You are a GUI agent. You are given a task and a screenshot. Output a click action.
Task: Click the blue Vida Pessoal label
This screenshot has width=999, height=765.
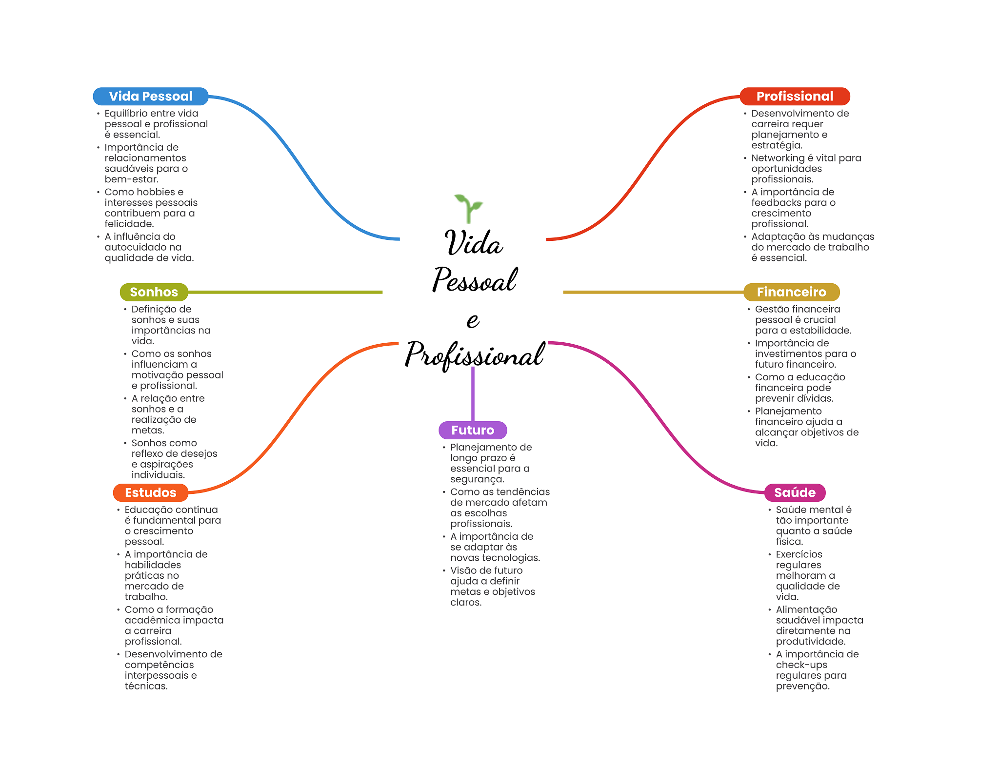coord(150,97)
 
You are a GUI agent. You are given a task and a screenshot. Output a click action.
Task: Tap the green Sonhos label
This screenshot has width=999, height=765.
coord(154,292)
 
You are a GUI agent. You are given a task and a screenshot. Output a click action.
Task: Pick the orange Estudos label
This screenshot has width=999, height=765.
coord(150,492)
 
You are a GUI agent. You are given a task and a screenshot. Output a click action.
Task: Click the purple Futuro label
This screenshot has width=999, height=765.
coord(472,430)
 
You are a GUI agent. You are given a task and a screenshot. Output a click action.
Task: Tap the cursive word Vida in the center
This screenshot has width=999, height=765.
coord(473,243)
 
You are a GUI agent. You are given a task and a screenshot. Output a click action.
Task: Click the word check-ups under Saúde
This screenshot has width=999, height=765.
coord(801,665)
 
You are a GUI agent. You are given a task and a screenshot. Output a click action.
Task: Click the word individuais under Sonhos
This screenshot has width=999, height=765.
coord(158,475)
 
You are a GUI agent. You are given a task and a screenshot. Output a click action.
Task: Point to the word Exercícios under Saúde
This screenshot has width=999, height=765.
coord(799,554)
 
